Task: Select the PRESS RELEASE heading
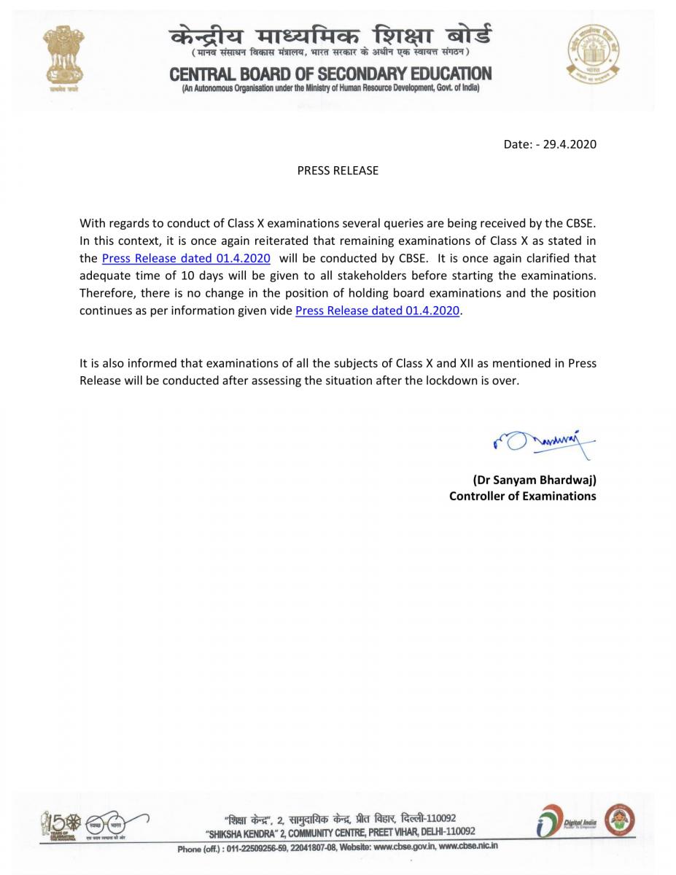pos(338,171)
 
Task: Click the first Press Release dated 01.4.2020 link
pos(186,258)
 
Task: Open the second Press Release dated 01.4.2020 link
pos(378,311)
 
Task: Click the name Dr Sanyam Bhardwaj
pos(534,480)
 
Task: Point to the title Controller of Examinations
pos(522,496)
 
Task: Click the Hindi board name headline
pos(330,35)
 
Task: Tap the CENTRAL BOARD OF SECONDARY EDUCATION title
pos(330,74)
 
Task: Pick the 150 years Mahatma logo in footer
pos(61,824)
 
